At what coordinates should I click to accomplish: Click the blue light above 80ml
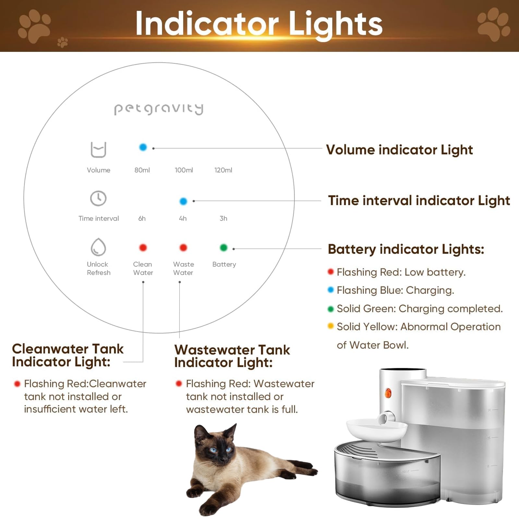[143, 147]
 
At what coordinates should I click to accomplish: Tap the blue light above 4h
[183, 201]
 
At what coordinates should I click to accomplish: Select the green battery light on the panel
[223, 248]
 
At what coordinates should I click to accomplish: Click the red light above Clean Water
[143, 248]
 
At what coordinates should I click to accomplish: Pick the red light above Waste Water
[183, 248]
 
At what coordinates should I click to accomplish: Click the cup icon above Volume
[98, 150]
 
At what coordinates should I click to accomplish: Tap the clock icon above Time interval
[98, 198]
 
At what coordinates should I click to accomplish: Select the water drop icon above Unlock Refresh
[98, 247]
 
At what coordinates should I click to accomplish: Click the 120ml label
[223, 170]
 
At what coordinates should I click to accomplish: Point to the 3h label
[223, 218]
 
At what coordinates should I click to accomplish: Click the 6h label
[142, 218]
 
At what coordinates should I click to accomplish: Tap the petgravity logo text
[159, 109]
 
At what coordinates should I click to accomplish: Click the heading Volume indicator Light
[399, 150]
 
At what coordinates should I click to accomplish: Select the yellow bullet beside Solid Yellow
[331, 326]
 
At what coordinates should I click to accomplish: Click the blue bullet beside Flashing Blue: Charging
[331, 290]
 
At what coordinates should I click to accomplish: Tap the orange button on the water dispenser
[388, 393]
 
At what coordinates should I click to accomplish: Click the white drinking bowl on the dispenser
[376, 430]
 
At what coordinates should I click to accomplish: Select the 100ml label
[184, 170]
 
